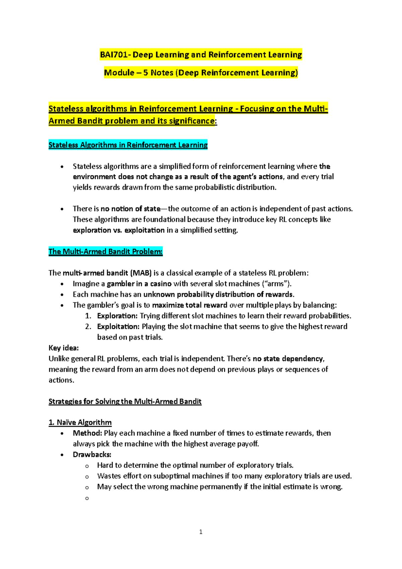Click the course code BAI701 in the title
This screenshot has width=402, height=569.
(x=114, y=55)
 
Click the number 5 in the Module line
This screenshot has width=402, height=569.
(x=146, y=73)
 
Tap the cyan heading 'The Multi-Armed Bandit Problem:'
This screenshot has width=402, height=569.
(x=106, y=252)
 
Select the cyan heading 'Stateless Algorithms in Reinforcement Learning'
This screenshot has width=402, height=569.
(x=128, y=145)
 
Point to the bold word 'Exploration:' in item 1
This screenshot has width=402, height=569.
(x=117, y=316)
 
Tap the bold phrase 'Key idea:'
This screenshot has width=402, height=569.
(x=64, y=348)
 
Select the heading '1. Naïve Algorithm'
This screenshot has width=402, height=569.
(x=80, y=422)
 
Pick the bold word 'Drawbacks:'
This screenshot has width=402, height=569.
(x=92, y=455)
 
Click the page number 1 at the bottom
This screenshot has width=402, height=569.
(x=201, y=532)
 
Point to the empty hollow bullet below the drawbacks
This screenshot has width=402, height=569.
(x=87, y=499)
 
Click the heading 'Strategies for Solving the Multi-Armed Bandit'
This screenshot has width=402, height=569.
(x=125, y=402)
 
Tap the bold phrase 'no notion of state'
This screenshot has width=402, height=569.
(x=131, y=209)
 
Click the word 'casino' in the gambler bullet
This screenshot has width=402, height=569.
(x=161, y=284)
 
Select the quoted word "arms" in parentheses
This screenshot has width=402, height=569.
(x=276, y=284)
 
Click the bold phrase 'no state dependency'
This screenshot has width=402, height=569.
(x=288, y=359)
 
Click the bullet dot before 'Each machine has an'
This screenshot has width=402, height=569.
(x=62, y=295)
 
